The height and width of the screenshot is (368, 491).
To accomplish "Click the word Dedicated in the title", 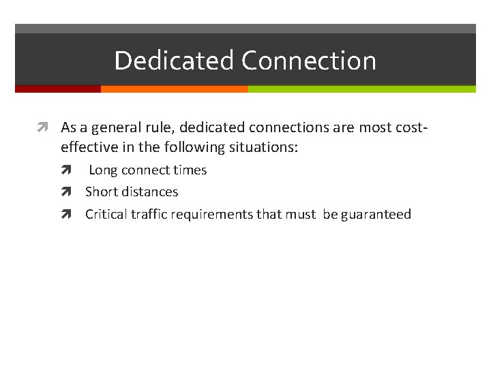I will (x=175, y=61).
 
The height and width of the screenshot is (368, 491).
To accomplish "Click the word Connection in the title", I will (x=308, y=61).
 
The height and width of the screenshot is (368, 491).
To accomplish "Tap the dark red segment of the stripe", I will (x=58, y=89).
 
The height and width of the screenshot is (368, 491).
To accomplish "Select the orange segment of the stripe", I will (x=174, y=89).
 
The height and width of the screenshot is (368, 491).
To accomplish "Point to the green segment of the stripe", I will (x=361, y=89).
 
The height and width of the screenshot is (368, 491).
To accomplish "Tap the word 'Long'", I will (x=104, y=170).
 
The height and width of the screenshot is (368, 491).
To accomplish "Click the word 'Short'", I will (x=100, y=192).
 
